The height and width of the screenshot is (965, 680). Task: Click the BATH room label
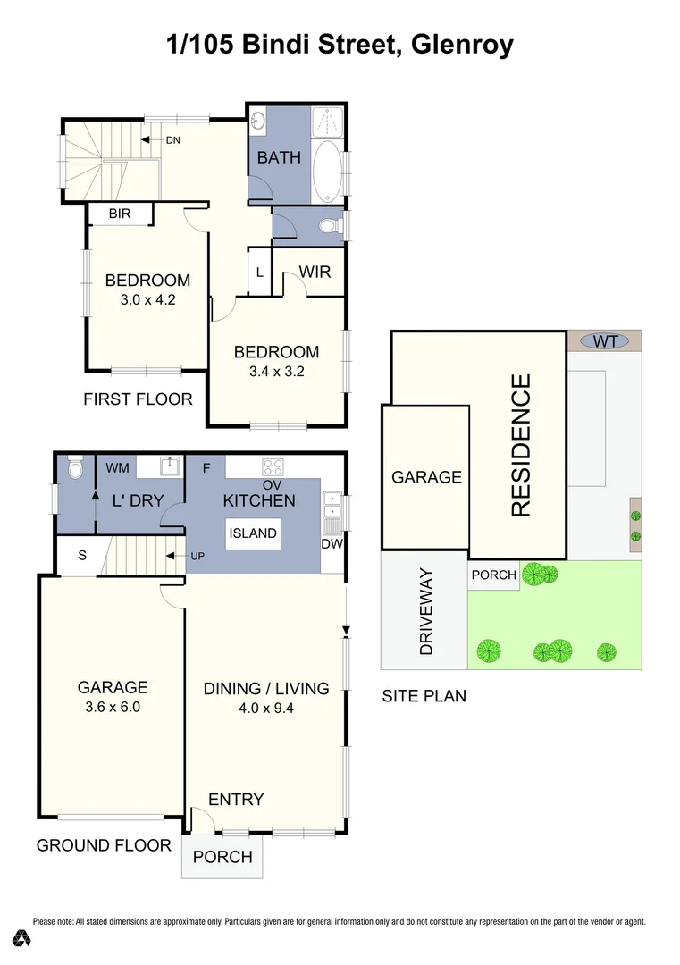click(279, 158)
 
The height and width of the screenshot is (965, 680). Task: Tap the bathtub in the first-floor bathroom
click(327, 169)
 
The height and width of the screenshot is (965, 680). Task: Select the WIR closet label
click(315, 271)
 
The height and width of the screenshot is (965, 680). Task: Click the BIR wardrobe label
click(121, 214)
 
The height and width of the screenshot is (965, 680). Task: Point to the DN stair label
click(172, 140)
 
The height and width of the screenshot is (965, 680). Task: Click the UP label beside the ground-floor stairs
click(197, 556)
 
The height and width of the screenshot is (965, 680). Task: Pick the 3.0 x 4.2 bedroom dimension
click(147, 300)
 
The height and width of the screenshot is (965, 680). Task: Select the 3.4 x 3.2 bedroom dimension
click(276, 372)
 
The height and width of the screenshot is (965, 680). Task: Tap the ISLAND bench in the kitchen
click(253, 533)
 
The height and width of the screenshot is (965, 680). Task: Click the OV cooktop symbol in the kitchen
click(272, 467)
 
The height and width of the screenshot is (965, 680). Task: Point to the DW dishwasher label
click(331, 543)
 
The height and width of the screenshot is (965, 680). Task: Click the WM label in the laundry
click(117, 467)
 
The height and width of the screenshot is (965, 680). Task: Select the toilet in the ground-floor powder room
click(75, 468)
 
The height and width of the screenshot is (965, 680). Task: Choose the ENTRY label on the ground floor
click(236, 799)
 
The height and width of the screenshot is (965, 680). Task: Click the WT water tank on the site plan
click(605, 340)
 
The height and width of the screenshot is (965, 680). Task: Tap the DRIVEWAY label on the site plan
click(425, 611)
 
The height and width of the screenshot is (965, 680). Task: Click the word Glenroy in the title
click(462, 44)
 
